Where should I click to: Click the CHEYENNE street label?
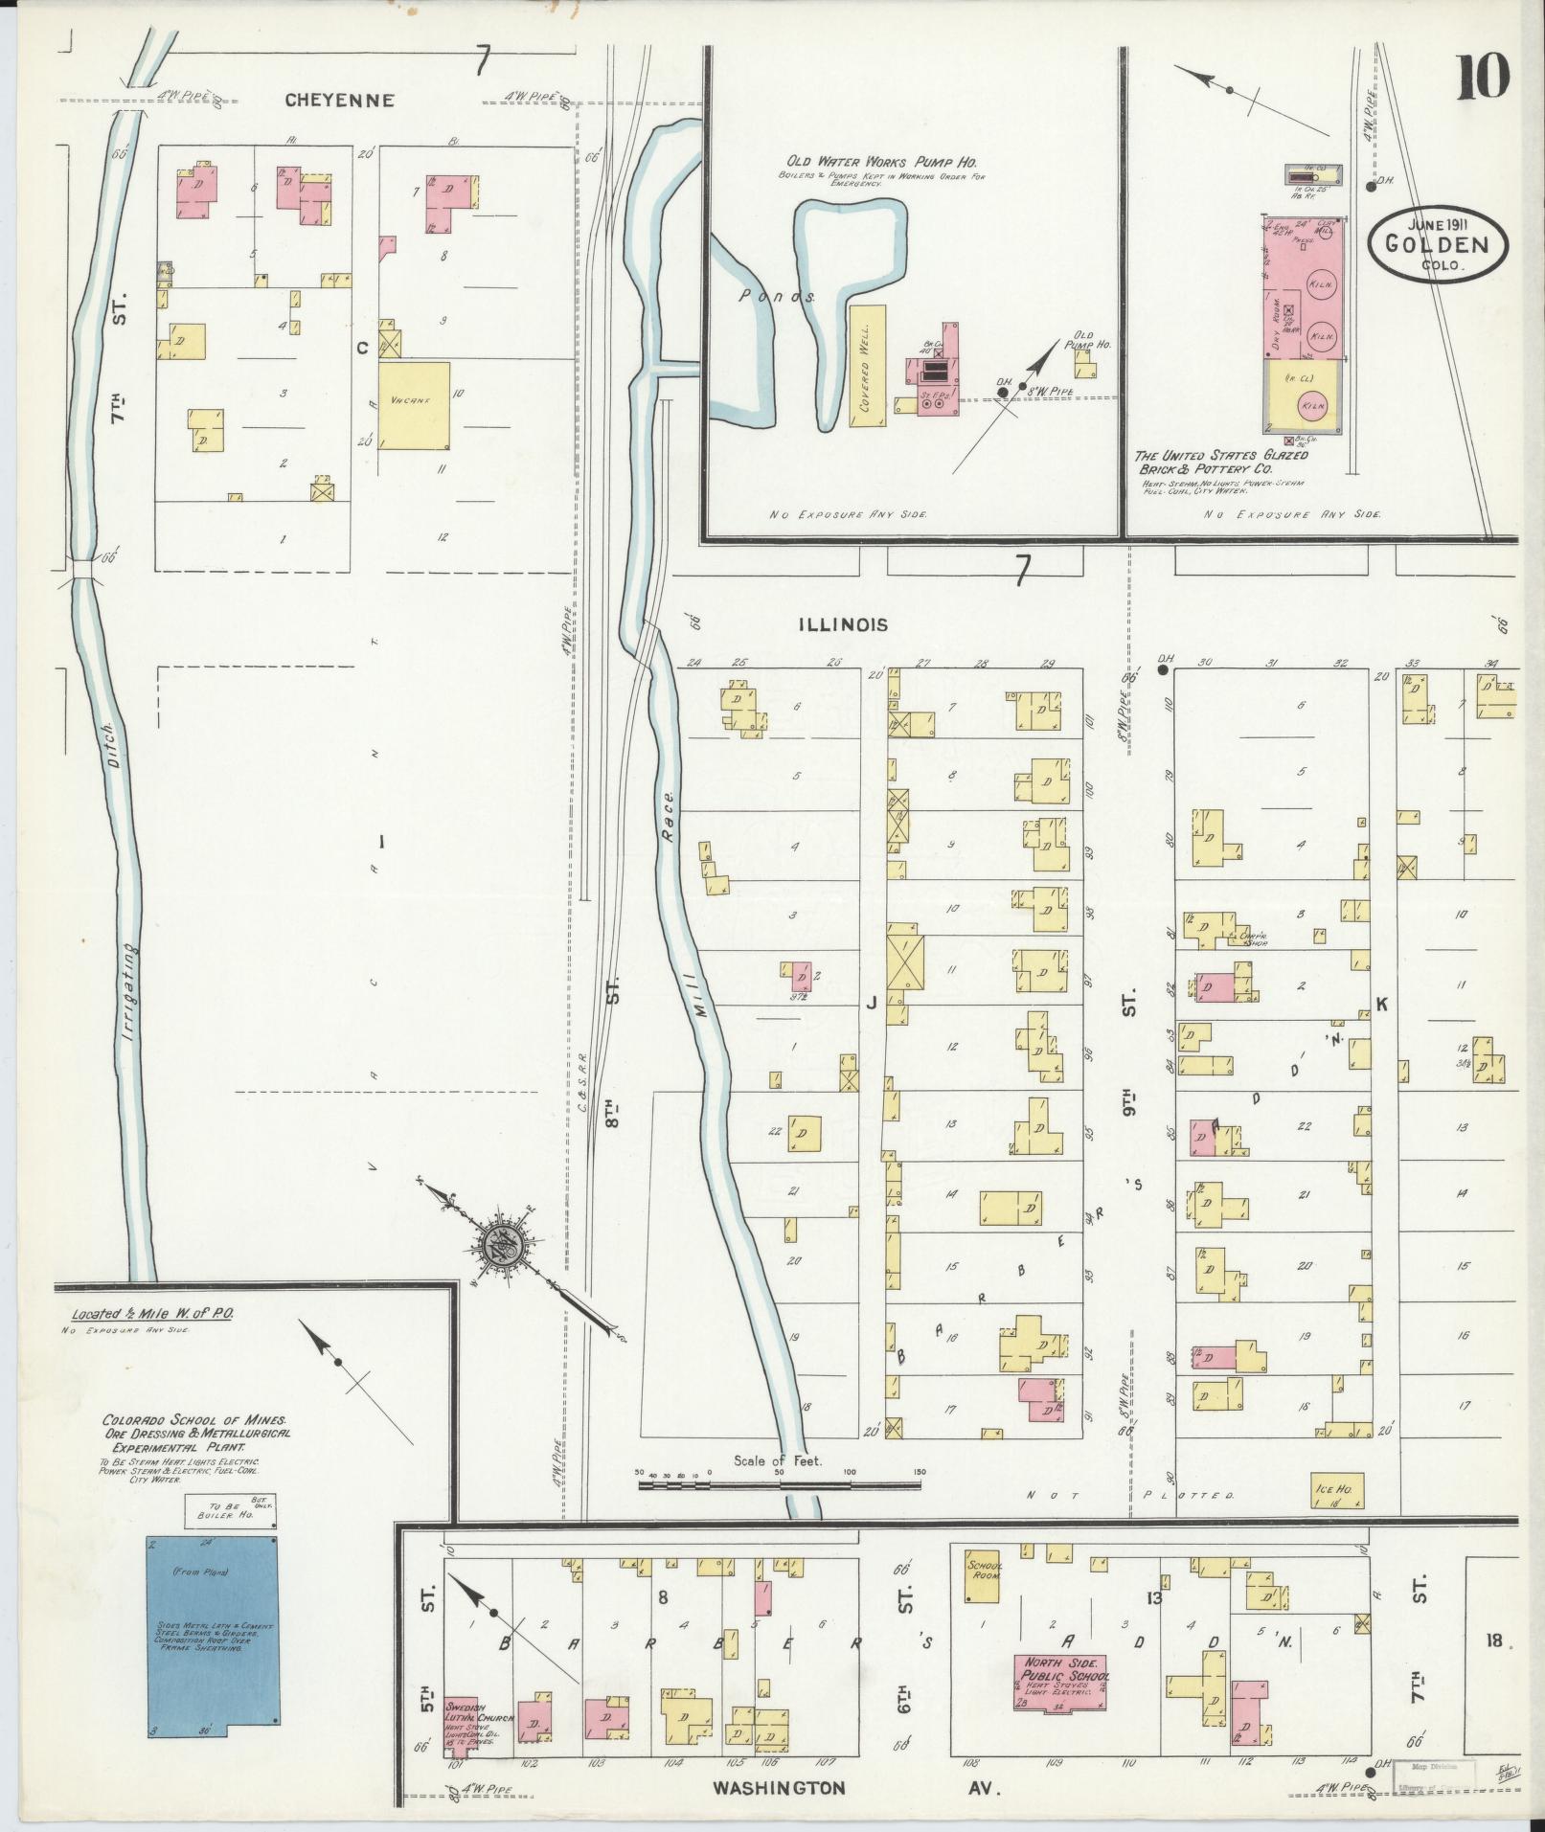pyautogui.click(x=339, y=101)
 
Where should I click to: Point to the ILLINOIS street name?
pyautogui.click(x=842, y=625)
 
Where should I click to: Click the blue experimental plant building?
pyautogui.click(x=213, y=1639)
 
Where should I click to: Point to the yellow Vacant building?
pyautogui.click(x=414, y=404)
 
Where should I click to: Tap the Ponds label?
pyautogui.click(x=777, y=297)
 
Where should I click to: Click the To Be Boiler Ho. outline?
pyautogui.click(x=230, y=1513)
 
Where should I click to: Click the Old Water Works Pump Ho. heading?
pyautogui.click(x=881, y=163)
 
